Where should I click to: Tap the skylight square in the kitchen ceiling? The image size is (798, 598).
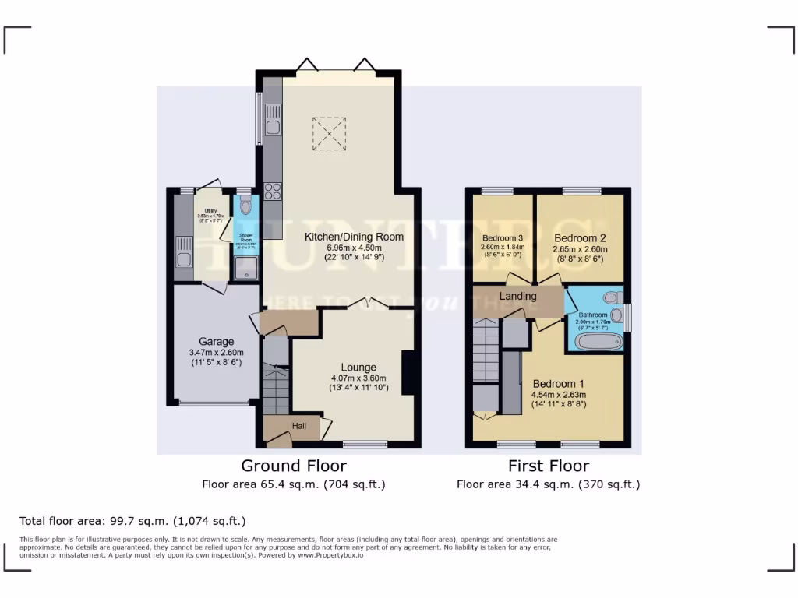tap(329, 132)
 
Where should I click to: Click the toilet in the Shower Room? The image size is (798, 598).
tap(246, 206)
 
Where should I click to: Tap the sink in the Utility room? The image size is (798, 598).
tap(184, 259)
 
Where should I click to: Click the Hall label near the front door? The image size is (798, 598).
tap(299, 426)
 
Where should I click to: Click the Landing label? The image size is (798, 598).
tap(517, 296)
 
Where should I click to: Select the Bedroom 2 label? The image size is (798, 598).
tap(580, 238)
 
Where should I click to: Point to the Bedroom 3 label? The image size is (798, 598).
tap(501, 238)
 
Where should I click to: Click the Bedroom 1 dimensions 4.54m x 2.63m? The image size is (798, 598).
tap(559, 394)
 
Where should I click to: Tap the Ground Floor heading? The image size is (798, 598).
tap(294, 466)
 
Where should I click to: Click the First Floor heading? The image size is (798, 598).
tap(549, 466)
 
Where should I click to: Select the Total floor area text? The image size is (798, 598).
tap(132, 520)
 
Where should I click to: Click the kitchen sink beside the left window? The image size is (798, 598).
tap(273, 128)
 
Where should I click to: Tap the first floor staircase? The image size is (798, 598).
tap(486, 350)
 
